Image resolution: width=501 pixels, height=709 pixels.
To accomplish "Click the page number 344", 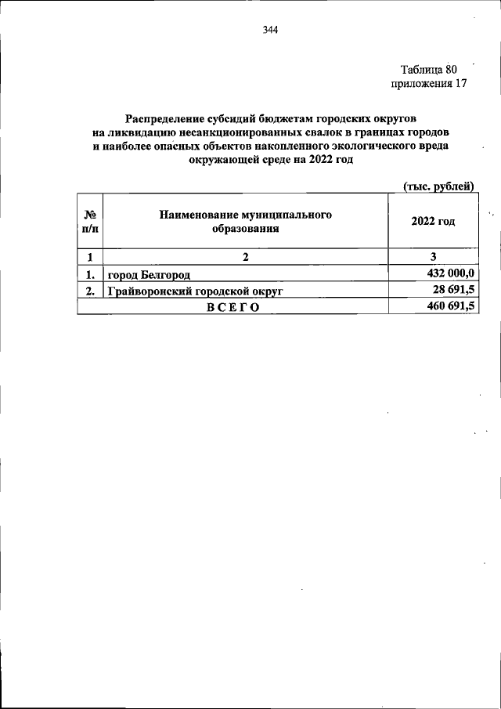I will (x=271, y=31).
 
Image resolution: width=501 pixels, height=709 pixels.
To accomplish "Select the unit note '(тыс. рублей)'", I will (x=439, y=186).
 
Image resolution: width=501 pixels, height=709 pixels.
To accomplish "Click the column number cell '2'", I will (x=245, y=257).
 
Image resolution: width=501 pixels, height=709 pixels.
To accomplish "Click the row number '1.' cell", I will (x=90, y=273).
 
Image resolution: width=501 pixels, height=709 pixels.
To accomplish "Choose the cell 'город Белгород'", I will (x=149, y=274).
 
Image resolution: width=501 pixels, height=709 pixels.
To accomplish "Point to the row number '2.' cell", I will (x=90, y=291).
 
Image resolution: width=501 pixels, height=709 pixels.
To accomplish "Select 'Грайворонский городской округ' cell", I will (x=194, y=291).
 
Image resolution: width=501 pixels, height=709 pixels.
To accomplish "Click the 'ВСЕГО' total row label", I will (x=232, y=308).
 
